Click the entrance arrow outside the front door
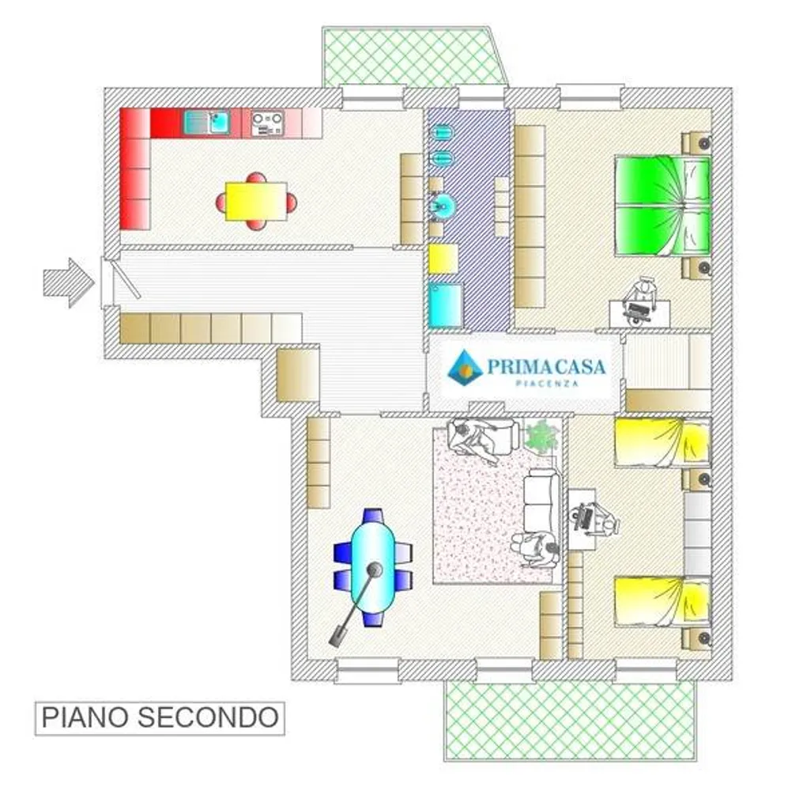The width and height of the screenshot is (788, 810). pos(68,283)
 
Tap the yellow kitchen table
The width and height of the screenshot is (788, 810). pos(256,201)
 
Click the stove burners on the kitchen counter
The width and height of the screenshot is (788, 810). pos(267,123)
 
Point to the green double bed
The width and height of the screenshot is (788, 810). pos(662,206)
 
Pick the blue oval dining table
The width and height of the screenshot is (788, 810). pos(373,566)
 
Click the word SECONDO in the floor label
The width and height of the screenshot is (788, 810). pos(208,717)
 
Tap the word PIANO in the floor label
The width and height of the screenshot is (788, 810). pos(84,717)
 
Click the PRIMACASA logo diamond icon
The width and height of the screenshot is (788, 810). pos(465,367)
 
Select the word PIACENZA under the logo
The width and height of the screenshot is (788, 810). pos(547,384)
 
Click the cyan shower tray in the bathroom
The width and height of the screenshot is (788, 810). pos(445,305)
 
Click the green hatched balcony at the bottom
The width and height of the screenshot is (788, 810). pos(570,721)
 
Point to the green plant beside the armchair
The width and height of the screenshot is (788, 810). pos(540,436)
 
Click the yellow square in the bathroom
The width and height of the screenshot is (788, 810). pos(443,259)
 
